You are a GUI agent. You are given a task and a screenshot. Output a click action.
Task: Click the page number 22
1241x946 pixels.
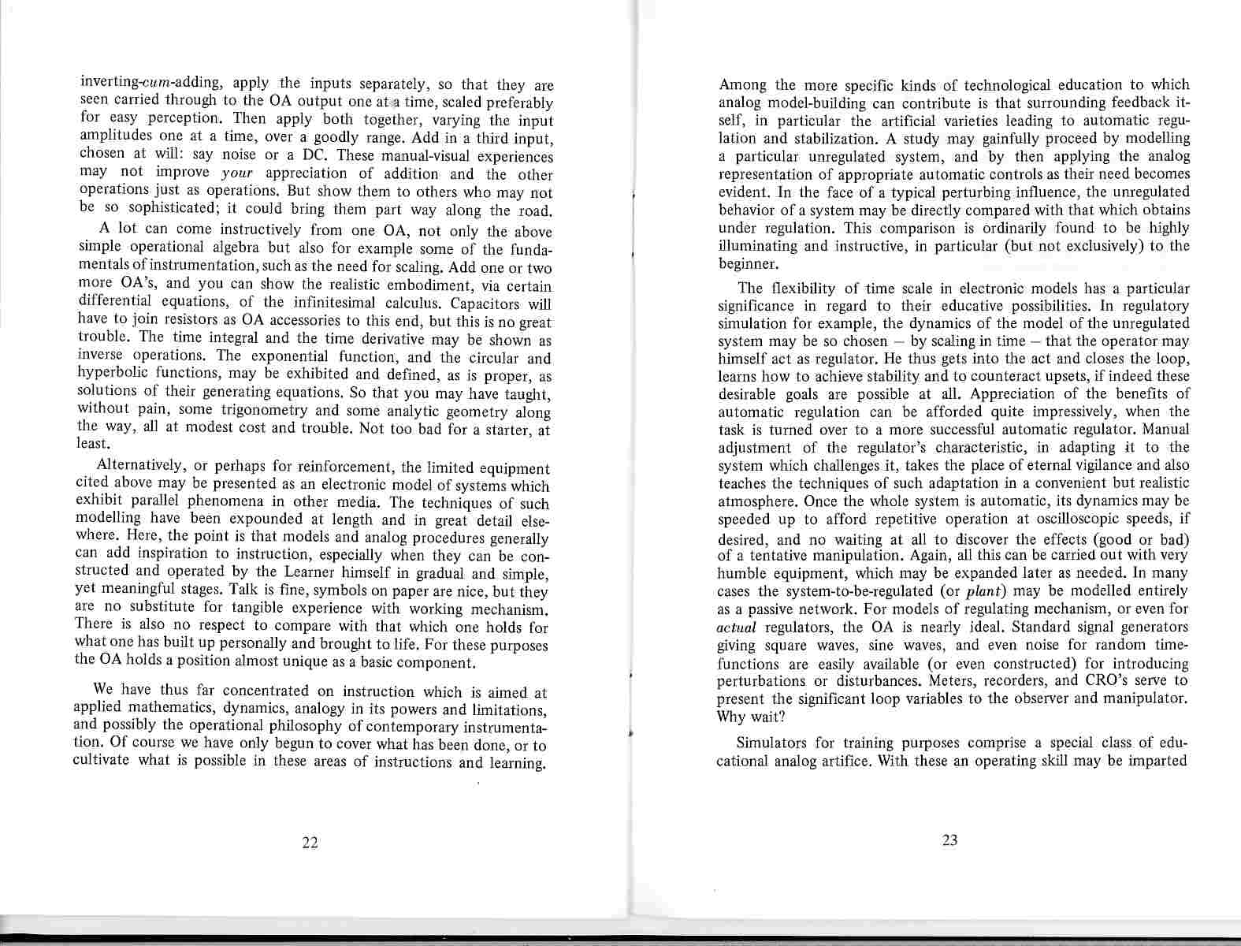pyautogui.click(x=310, y=843)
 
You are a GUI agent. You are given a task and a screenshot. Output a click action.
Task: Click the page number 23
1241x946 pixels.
pyautogui.click(x=949, y=840)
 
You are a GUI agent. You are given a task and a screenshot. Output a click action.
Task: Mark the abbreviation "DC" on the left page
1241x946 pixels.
pyautogui.click(x=325, y=155)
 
